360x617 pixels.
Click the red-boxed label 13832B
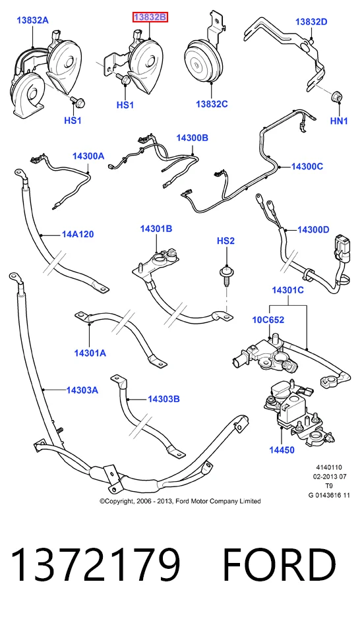(150, 17)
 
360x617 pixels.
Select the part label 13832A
(33, 20)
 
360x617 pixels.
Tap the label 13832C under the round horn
(212, 104)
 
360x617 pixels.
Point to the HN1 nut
(337, 96)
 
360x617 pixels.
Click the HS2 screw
(226, 275)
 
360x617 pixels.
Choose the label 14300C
(307, 167)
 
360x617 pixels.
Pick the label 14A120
(78, 235)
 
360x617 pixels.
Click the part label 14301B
(156, 229)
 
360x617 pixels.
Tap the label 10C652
(268, 320)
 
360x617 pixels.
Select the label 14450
(282, 450)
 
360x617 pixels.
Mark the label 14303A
(82, 390)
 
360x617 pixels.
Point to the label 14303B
(164, 399)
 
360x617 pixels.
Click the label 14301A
(90, 353)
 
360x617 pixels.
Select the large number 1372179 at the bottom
(96, 565)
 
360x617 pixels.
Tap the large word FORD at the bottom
(280, 565)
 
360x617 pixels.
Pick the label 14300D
(313, 229)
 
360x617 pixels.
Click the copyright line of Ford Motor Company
(180, 501)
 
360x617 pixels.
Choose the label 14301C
(288, 291)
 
